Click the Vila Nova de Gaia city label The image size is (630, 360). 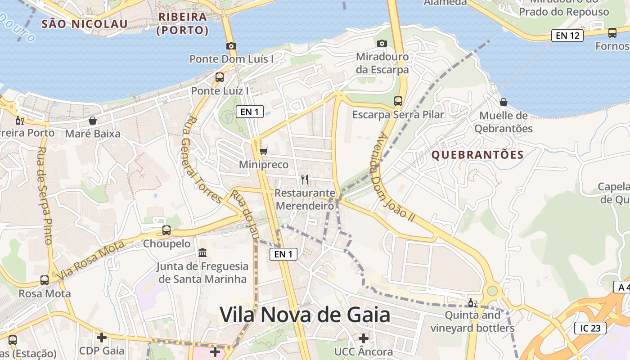coord(305,315)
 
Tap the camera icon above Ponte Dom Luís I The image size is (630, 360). coord(231,46)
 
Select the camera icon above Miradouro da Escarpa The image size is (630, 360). coord(382,43)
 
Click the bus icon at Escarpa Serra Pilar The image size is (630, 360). coord(398,101)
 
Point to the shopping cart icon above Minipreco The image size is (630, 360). coord(264,151)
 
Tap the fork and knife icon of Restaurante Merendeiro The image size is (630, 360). coord(305,180)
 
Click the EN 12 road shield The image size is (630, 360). coord(567,35)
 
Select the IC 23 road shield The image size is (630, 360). coord(590,328)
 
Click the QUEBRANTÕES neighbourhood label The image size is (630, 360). coord(477,155)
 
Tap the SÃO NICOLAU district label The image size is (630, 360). coord(84,24)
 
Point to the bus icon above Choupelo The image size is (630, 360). coord(166,230)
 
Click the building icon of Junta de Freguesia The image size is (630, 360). coord(202,252)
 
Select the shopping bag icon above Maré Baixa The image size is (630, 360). coord(93,121)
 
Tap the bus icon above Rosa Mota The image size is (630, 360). coord(45,280)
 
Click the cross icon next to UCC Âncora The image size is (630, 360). coord(364,338)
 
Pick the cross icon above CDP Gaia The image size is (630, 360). coord(102,337)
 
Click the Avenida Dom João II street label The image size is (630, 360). coord(396,177)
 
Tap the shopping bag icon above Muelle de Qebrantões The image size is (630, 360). coord(504,102)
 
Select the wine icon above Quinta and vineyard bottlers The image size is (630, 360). coord(472,302)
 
